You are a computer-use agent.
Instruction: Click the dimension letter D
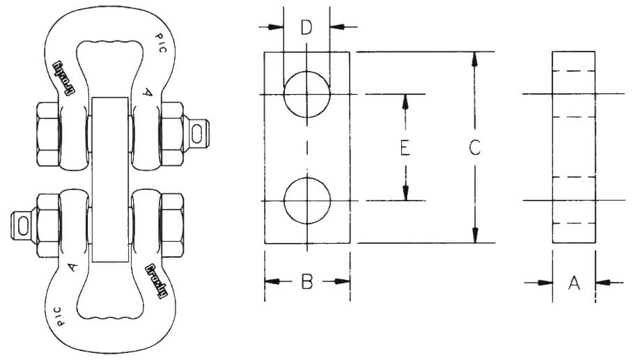click(307, 29)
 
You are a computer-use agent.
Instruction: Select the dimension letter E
click(404, 148)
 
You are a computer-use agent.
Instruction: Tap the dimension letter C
click(474, 148)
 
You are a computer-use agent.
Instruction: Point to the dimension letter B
click(307, 282)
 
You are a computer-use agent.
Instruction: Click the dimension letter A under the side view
click(574, 283)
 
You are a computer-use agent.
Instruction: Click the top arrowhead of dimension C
click(474, 59)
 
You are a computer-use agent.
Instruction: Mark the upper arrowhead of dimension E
click(404, 102)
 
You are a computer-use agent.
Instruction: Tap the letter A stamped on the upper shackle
click(147, 90)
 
